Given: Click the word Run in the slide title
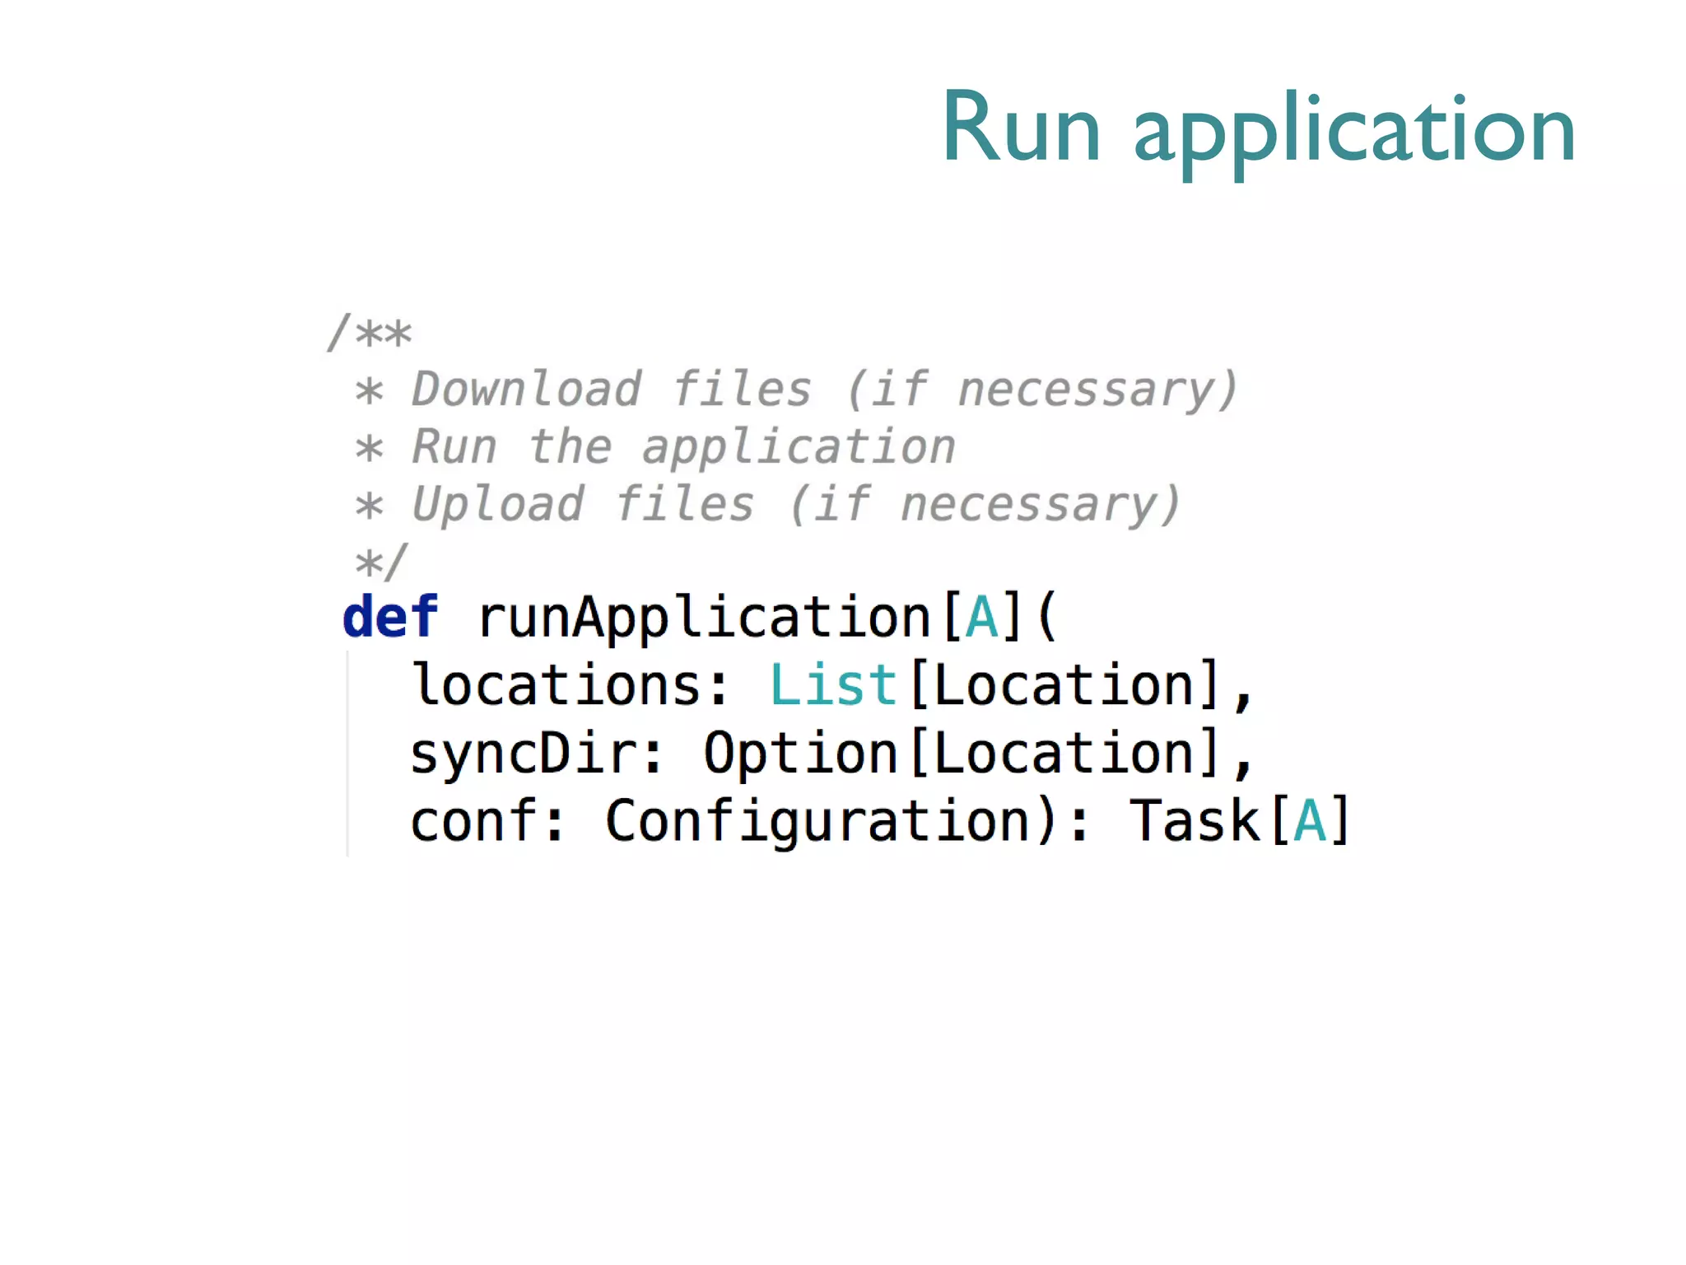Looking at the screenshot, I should (x=1021, y=128).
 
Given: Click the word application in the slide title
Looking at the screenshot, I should (x=1354, y=132).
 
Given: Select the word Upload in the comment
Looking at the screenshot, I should (x=498, y=504).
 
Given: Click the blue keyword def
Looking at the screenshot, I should (x=390, y=617).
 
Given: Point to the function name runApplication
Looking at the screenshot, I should (x=704, y=618).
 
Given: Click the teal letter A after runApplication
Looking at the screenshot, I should (x=982, y=617).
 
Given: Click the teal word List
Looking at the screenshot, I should (x=833, y=684).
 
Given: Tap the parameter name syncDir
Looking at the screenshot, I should (x=524, y=753).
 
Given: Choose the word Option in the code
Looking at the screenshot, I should (x=800, y=753).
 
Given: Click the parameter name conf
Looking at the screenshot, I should (x=475, y=821).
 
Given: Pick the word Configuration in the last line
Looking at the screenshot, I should (x=819, y=821).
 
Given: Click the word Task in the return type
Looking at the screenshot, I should (x=1195, y=821).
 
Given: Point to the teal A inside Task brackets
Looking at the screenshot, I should (x=1310, y=821).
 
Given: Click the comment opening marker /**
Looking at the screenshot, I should (x=370, y=333).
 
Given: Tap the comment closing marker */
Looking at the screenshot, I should (x=380, y=562).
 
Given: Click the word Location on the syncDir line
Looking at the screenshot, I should (x=1064, y=753).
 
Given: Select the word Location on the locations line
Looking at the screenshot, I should (x=1064, y=684).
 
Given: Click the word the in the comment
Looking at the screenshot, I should (x=571, y=446).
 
